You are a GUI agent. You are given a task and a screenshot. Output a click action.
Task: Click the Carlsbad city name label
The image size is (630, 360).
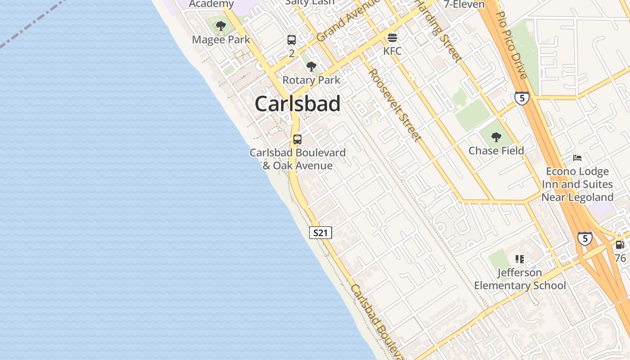click(x=297, y=104)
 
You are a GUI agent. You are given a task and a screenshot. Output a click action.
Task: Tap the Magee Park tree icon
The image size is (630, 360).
click(x=220, y=26)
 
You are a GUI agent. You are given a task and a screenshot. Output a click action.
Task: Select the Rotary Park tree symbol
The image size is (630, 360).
click(x=311, y=67)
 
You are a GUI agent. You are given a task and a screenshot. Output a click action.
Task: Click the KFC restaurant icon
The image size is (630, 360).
click(x=392, y=37)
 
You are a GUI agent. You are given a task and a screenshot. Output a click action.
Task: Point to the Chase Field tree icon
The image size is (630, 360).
click(x=496, y=137)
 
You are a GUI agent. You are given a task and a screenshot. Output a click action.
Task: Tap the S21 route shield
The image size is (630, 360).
click(x=321, y=233)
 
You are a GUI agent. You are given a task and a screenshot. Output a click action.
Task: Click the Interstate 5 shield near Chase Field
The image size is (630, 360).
click(x=522, y=98)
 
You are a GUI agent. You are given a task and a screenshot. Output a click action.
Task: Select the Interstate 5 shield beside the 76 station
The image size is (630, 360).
click(x=585, y=238)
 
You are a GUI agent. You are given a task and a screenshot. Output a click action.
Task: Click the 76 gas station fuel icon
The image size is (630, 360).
click(x=620, y=245)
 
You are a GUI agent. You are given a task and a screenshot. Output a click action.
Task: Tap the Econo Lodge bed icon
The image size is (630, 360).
click(x=577, y=158)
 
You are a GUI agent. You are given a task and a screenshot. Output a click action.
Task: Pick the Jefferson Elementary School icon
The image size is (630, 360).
click(x=520, y=259)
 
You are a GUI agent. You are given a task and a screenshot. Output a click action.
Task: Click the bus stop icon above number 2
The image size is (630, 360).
click(x=292, y=40)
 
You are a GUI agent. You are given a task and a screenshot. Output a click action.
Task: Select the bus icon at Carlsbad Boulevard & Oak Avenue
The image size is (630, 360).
click(x=297, y=139)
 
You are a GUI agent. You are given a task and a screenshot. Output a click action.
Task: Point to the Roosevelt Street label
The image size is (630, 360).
click(x=396, y=105)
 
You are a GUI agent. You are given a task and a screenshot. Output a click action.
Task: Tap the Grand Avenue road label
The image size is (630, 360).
click(x=346, y=21)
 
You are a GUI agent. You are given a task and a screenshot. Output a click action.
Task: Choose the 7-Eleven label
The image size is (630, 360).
click(x=464, y=4)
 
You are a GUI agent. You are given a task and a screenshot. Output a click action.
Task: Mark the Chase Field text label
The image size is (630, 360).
click(x=496, y=150)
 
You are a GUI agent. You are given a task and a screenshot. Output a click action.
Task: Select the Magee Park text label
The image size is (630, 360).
click(x=221, y=40)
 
